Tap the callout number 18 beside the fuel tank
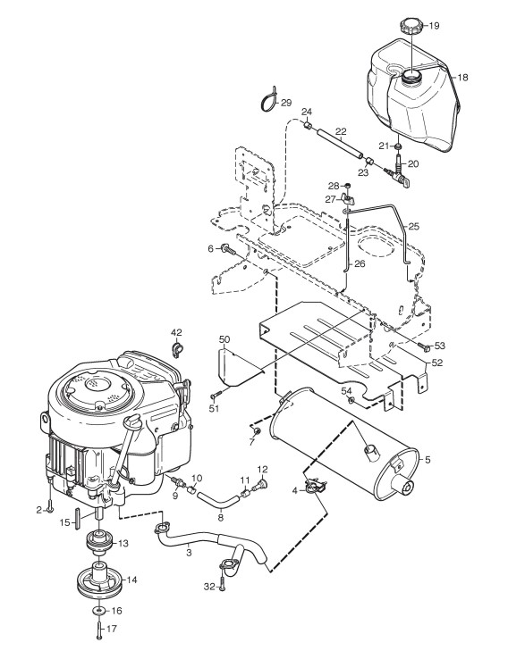pyautogui.click(x=462, y=78)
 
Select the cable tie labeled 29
pyautogui.click(x=267, y=101)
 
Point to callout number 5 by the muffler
pyautogui.click(x=428, y=460)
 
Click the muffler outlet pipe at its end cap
pyautogui.click(x=406, y=488)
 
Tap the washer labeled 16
pyautogui.click(x=99, y=610)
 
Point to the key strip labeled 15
pyautogui.click(x=77, y=519)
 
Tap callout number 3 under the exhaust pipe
pyautogui.click(x=189, y=553)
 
